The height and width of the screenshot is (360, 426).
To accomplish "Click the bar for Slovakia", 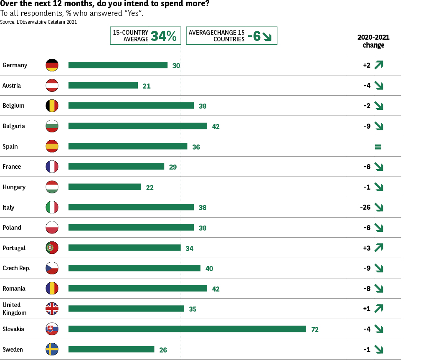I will click(x=187, y=329).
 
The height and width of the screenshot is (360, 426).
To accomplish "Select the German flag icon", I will click(x=52, y=65).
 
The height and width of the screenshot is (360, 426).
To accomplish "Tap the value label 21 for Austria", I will click(x=146, y=86).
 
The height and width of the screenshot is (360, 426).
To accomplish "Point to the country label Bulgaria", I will click(x=14, y=126).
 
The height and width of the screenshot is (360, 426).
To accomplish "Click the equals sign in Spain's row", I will click(x=378, y=147).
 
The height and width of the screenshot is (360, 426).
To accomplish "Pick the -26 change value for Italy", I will click(x=365, y=207).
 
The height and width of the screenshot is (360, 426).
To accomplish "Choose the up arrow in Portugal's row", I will click(x=379, y=248).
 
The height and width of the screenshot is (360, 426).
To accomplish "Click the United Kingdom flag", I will click(x=52, y=309).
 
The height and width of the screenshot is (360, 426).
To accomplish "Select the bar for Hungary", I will click(x=105, y=187).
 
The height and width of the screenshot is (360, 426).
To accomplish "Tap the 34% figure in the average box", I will click(x=164, y=36).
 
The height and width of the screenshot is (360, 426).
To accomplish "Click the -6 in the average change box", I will click(x=254, y=36).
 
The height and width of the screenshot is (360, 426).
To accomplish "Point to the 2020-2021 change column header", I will click(x=373, y=41).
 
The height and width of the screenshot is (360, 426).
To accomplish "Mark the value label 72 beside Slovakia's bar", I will click(x=315, y=330).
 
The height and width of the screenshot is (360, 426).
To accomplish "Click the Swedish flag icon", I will click(x=52, y=349).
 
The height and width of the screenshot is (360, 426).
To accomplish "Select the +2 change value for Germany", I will click(x=367, y=65).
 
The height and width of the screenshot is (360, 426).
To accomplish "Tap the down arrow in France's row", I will click(x=379, y=167).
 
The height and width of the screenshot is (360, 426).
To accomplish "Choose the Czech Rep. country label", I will click(x=16, y=268).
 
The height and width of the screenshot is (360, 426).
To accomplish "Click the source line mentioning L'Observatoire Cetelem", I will click(x=38, y=22).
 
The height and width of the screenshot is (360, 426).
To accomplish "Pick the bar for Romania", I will click(x=138, y=289).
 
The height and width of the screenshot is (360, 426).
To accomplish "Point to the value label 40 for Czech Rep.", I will click(x=209, y=269).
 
